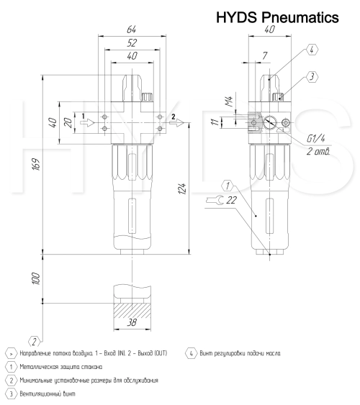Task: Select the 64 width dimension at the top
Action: tap(131, 30)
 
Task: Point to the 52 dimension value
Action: tap(131, 44)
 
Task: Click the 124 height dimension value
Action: tap(183, 188)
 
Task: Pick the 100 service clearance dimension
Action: tap(34, 278)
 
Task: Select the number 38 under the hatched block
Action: tap(132, 324)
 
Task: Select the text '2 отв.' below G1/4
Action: tap(318, 151)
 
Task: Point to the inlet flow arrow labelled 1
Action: tap(86, 122)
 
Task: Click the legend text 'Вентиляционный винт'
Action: tap(50, 393)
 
